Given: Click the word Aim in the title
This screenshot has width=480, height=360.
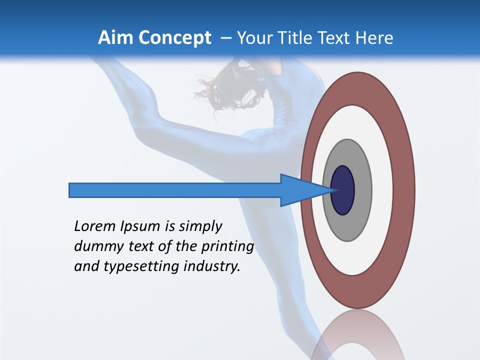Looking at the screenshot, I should click(x=116, y=38).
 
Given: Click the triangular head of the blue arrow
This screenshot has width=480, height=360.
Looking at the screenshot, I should click(x=300, y=190).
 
